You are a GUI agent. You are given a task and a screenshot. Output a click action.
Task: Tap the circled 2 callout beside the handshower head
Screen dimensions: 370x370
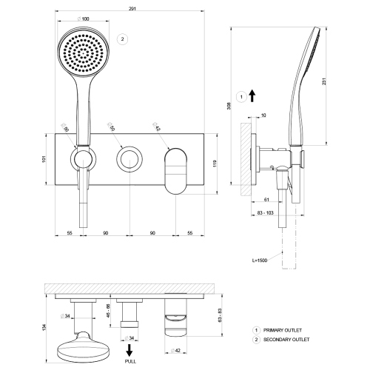[123, 39]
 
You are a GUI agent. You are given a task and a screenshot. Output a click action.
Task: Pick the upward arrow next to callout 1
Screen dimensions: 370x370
[252, 95]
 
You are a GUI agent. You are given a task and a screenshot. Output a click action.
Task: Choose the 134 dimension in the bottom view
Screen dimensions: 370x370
[44, 326]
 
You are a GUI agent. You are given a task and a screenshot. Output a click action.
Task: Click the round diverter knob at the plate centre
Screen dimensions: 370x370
[129, 158]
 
